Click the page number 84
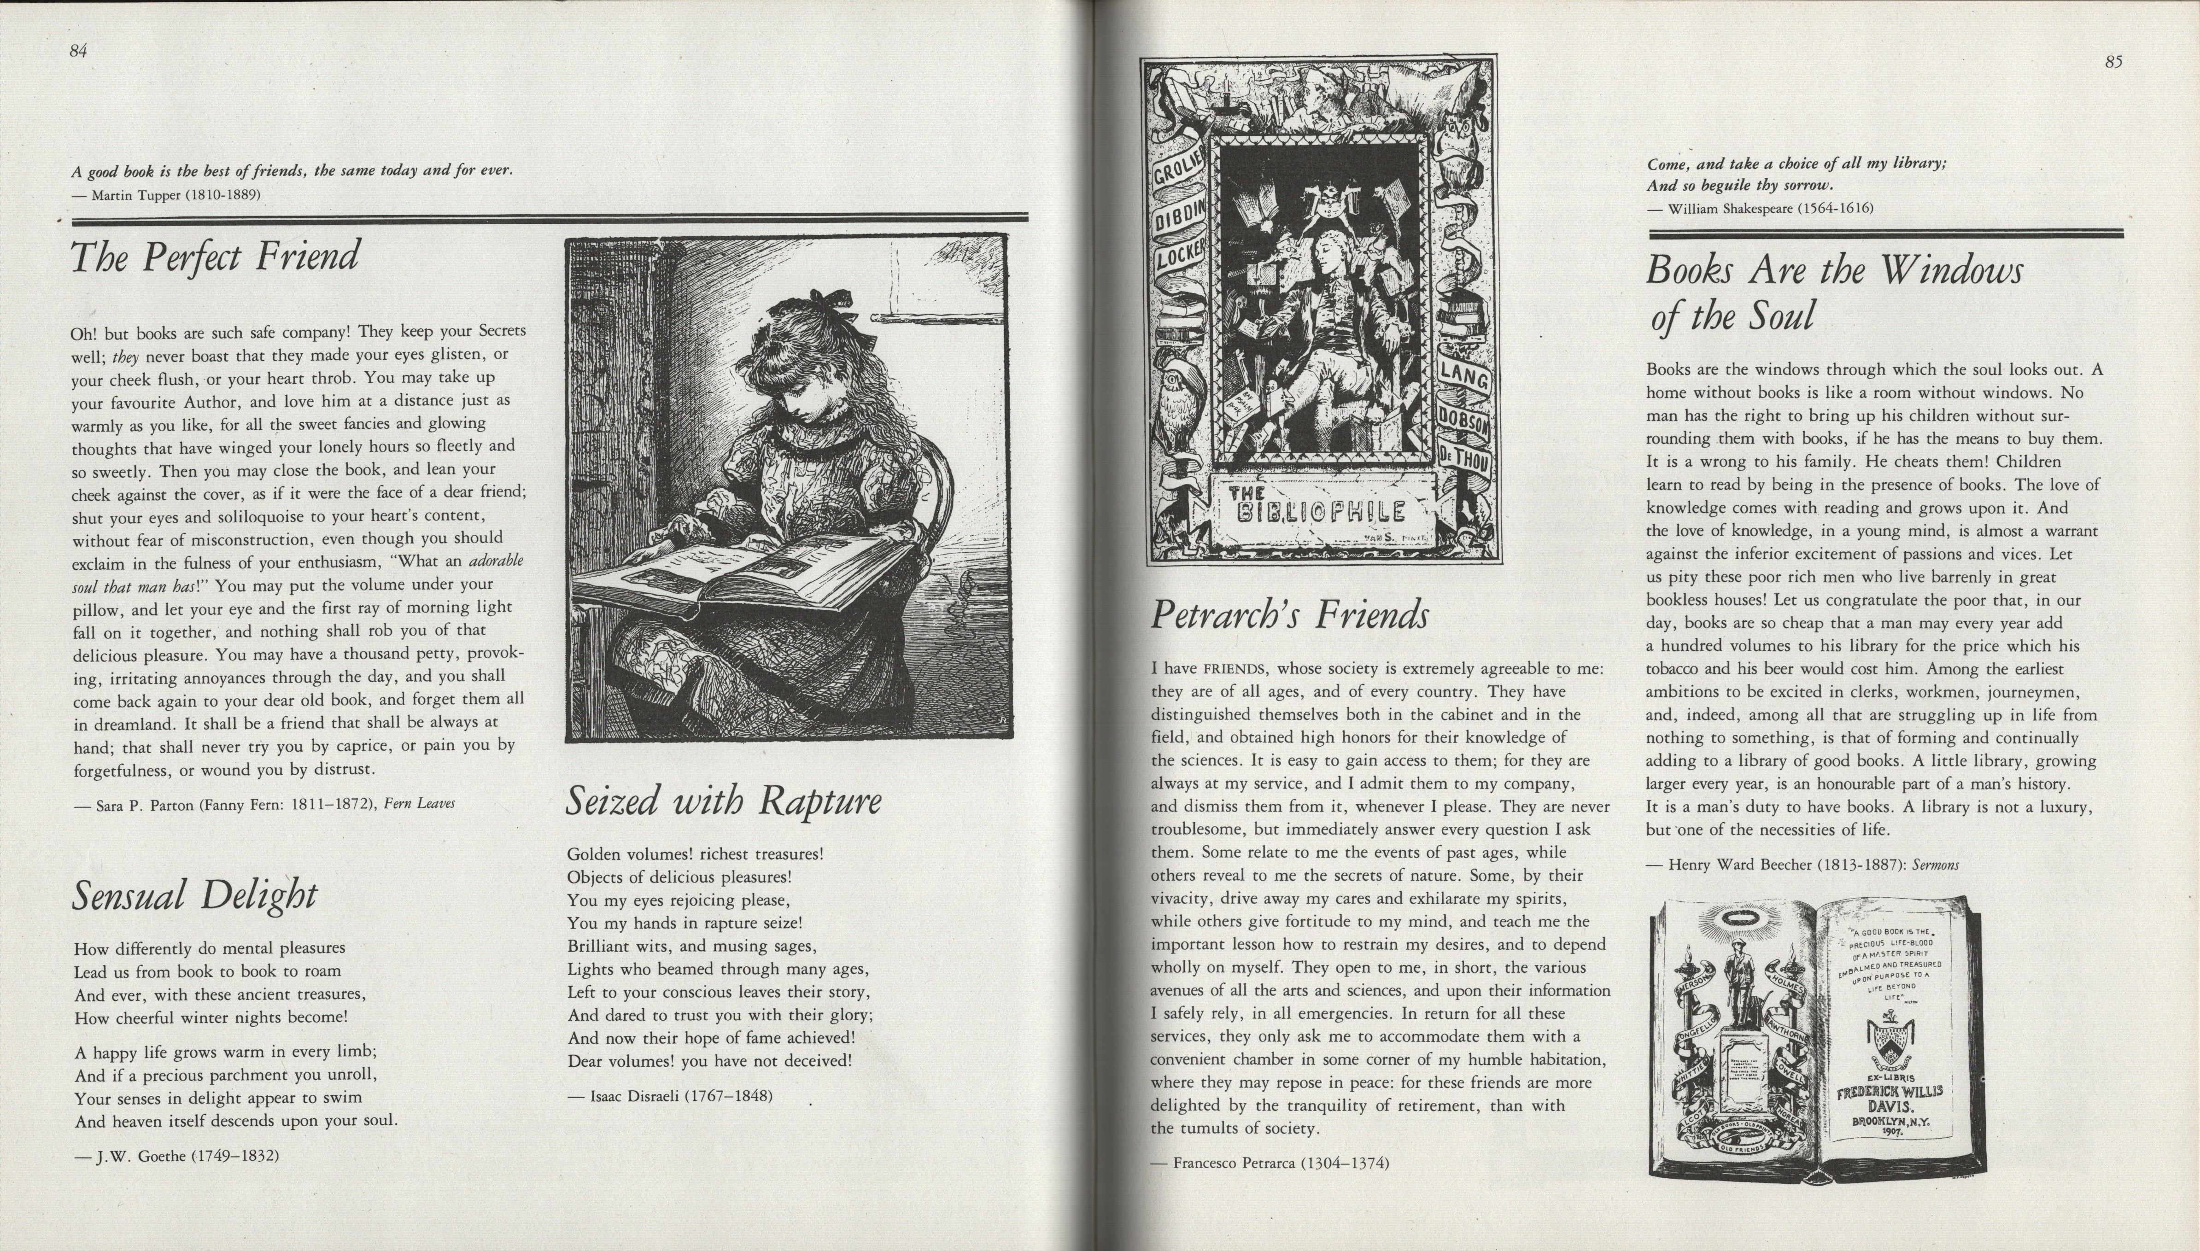(78, 51)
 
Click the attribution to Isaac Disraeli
(670, 1096)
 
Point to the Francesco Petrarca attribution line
(1270, 1164)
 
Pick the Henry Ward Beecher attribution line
(1802, 865)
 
